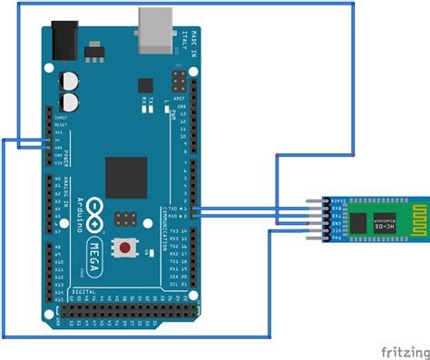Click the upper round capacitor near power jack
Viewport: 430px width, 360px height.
69,79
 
